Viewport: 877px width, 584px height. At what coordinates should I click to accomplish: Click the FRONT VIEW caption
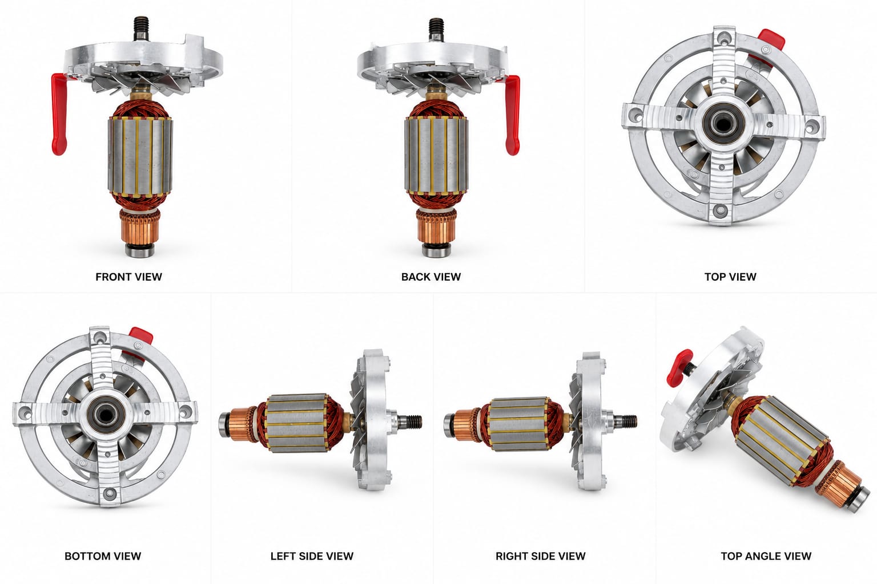click(128, 277)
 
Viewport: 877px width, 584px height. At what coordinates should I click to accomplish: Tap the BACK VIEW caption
click(431, 277)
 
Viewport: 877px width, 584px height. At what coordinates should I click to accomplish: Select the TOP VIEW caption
click(730, 277)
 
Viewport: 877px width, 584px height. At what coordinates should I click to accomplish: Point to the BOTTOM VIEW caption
click(103, 556)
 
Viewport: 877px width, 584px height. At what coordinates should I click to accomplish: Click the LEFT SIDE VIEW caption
click(312, 556)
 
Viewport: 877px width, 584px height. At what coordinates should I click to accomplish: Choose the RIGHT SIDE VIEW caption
click(540, 556)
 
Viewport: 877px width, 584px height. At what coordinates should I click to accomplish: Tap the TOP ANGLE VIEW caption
click(766, 556)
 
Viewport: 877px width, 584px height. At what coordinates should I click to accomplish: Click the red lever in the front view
click(60, 114)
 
